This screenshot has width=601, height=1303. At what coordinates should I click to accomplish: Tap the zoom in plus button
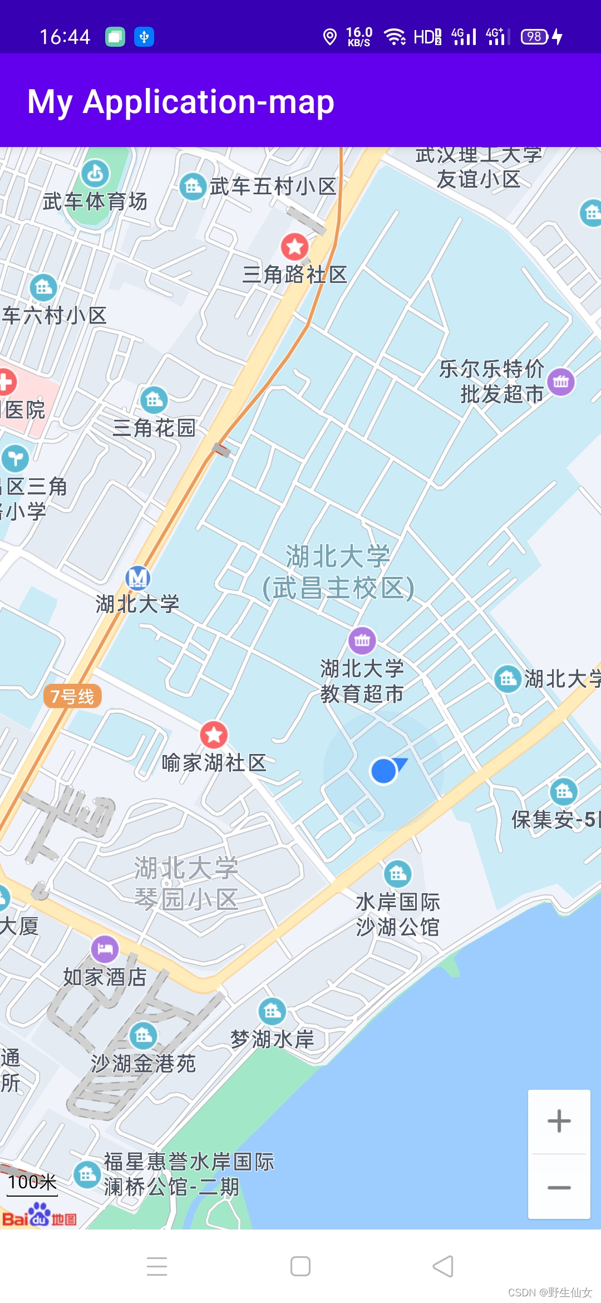[559, 1121]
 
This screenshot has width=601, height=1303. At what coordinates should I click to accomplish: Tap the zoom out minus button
[559, 1187]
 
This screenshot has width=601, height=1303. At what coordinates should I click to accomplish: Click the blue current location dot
[383, 771]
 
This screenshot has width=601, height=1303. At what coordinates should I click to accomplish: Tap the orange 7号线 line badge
[72, 696]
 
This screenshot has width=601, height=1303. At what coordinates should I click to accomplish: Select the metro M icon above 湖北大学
[137, 579]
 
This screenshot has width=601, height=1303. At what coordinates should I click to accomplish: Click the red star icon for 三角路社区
[294, 246]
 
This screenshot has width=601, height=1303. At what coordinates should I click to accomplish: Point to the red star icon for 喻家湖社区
[214, 734]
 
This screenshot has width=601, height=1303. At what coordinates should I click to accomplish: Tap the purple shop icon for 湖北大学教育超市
[362, 640]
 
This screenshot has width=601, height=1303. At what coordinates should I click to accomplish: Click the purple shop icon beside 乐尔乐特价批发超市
[561, 382]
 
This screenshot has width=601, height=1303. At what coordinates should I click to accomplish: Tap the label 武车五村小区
[273, 187]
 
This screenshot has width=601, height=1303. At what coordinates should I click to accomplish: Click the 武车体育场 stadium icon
[95, 174]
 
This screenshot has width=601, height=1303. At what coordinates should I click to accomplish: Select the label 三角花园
[154, 428]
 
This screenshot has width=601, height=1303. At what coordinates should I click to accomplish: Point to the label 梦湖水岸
[273, 1039]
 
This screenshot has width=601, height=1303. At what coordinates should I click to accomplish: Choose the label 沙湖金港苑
[143, 1064]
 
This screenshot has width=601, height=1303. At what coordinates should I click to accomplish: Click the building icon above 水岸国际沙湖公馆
[398, 874]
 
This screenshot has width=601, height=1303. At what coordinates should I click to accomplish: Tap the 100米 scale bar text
[32, 1182]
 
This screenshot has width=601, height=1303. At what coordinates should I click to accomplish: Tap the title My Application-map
[181, 102]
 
